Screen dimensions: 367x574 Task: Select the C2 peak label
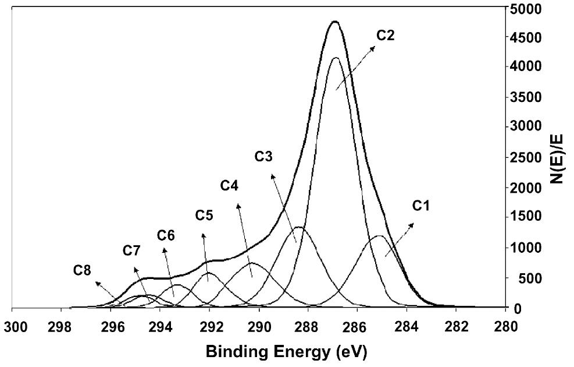pyautogui.click(x=385, y=36)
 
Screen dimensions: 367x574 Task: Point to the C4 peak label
pyautogui.click(x=230, y=186)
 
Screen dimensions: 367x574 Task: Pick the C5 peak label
pyautogui.click(x=204, y=216)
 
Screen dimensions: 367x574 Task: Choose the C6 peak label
pyautogui.click(x=166, y=235)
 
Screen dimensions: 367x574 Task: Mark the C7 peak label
pyautogui.click(x=132, y=251)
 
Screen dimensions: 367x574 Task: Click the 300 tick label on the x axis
pyautogui.click(x=13, y=326)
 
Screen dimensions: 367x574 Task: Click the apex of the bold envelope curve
pyautogui.click(x=334, y=22)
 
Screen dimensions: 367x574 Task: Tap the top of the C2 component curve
pyautogui.click(x=336, y=58)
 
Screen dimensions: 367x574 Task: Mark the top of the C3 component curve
pyautogui.click(x=299, y=227)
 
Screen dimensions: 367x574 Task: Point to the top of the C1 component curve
pyautogui.click(x=379, y=236)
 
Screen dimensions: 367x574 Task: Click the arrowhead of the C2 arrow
pyautogui.click(x=375, y=47)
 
